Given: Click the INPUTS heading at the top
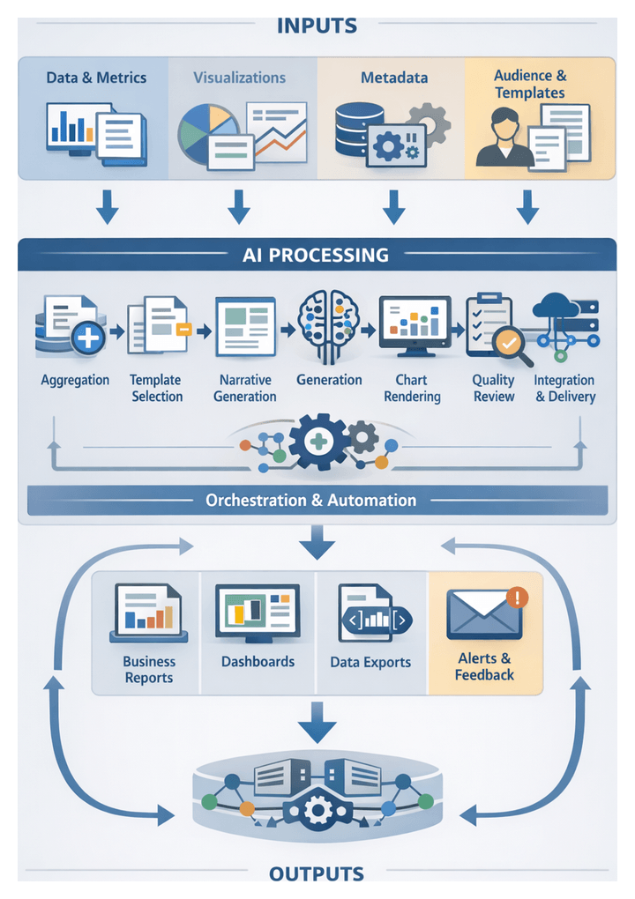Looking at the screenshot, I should (317, 26).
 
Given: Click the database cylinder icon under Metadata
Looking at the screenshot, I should (358, 130).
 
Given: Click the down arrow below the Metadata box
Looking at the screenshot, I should (393, 205).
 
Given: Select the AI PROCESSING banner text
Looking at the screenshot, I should (316, 256).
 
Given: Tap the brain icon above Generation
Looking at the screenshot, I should (328, 325).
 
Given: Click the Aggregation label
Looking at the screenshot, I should (75, 380).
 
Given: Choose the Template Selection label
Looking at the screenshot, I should (156, 388).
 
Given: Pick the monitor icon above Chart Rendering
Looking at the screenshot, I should (415, 326).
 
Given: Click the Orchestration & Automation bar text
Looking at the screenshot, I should (310, 500).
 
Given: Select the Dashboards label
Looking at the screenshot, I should (258, 661).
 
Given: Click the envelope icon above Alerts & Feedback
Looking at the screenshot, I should (483, 613).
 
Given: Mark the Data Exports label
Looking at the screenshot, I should (370, 662).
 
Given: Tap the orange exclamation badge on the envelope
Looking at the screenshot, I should (518, 597).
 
